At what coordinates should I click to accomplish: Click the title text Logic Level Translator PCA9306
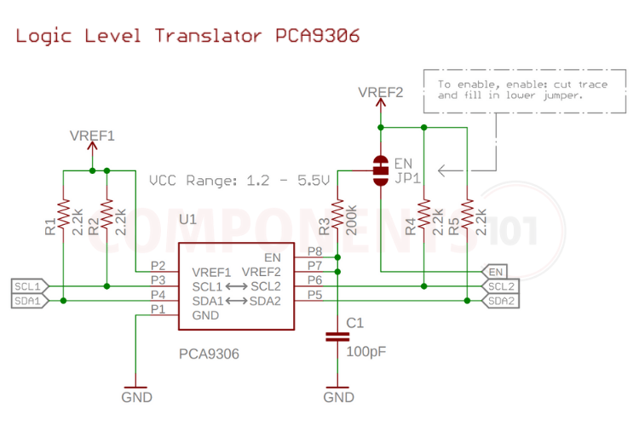(187, 36)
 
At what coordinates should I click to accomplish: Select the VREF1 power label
(92, 135)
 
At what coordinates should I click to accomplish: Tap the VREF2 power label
(380, 92)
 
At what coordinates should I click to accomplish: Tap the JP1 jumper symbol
(380, 170)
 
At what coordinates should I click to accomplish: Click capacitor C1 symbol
(337, 338)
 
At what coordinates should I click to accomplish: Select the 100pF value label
(366, 350)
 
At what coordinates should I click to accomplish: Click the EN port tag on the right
(495, 271)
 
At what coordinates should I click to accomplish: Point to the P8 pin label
(314, 251)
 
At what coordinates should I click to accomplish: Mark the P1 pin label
(157, 308)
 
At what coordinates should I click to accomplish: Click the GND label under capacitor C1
(338, 397)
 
